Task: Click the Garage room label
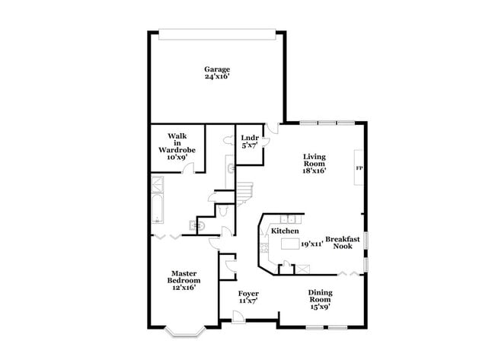tap(216, 69)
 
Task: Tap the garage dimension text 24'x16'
tap(216, 77)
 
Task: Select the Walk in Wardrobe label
tap(177, 143)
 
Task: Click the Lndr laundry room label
tap(250, 139)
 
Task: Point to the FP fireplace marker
tap(358, 167)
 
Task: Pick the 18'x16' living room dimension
tap(313, 172)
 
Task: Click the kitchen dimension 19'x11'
tap(311, 244)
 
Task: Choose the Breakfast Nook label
tap(342, 243)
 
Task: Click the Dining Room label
tap(320, 296)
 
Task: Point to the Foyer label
tap(248, 293)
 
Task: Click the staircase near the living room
tap(243, 195)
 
